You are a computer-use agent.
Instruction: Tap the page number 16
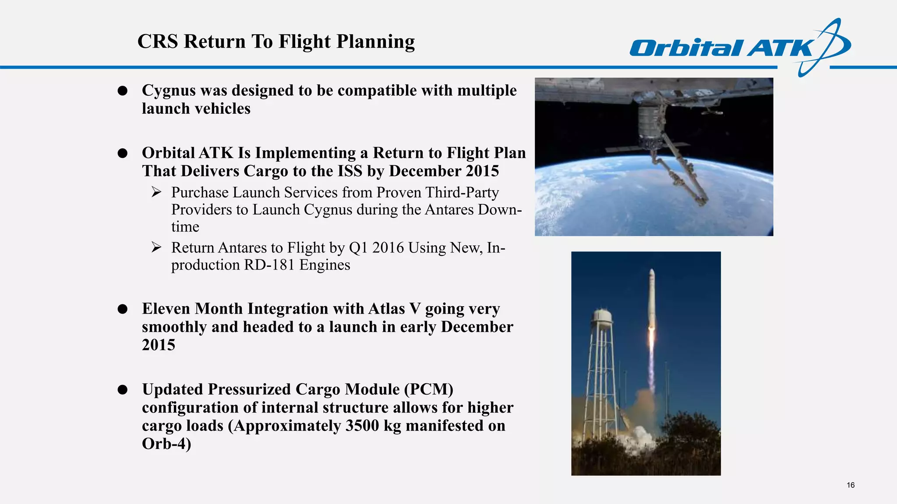click(851, 485)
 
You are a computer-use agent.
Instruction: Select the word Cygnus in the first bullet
click(169, 91)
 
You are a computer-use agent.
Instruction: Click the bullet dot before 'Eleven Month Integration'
click(123, 309)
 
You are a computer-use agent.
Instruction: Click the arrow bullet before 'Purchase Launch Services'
click(156, 192)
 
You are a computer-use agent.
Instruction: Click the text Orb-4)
click(166, 444)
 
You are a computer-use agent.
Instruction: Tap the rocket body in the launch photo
click(651, 297)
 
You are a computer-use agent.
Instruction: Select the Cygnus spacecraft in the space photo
click(650, 122)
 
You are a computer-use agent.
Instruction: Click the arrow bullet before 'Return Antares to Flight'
click(156, 248)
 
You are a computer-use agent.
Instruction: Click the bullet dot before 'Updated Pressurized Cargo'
click(123, 390)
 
